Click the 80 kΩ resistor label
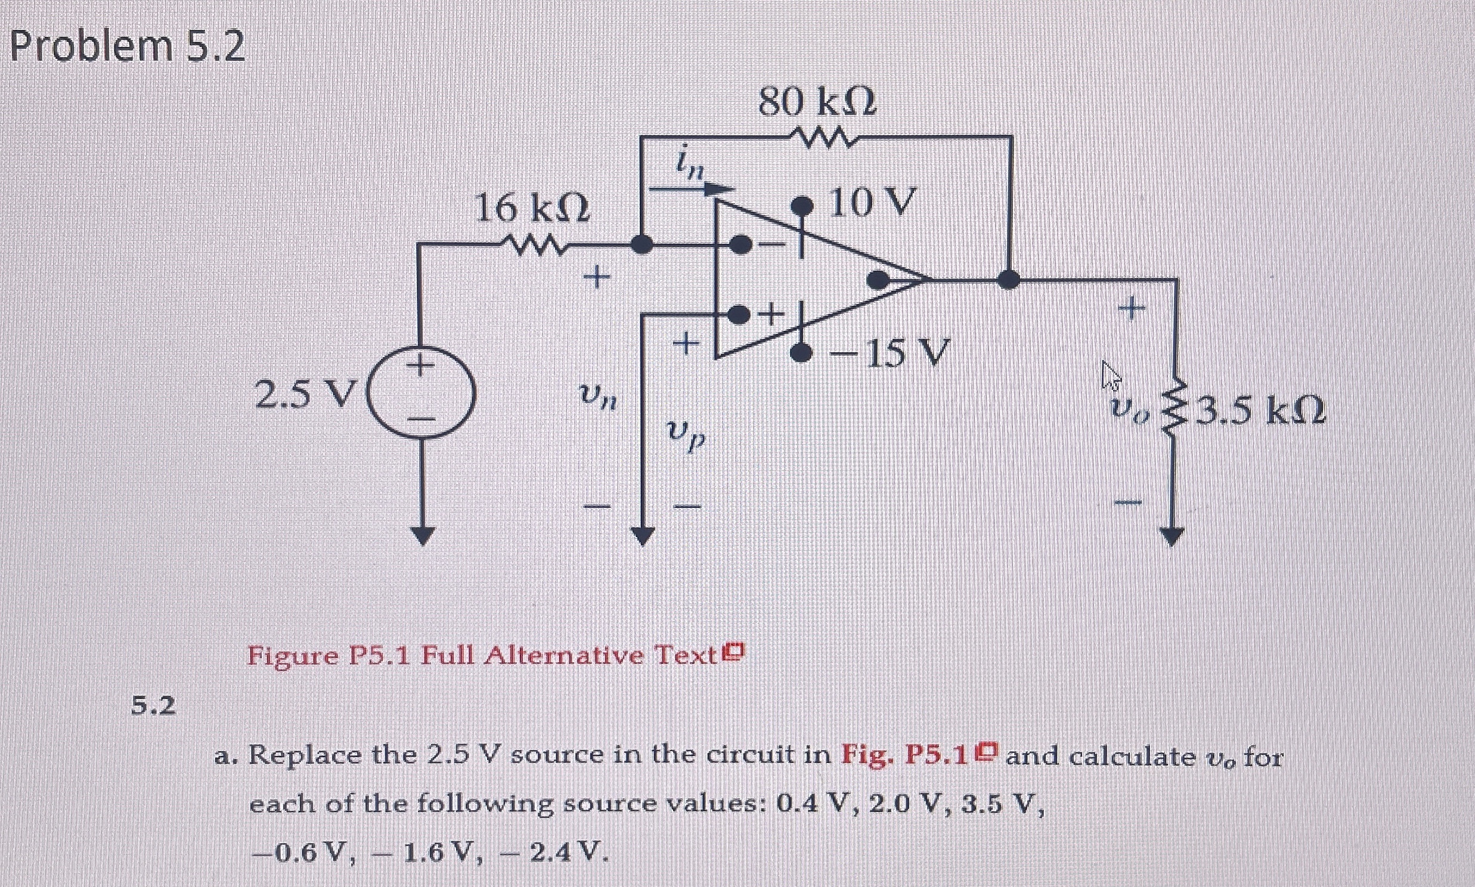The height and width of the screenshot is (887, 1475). click(817, 103)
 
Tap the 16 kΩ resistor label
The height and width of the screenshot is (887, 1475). click(532, 210)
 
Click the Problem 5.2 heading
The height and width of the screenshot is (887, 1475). click(128, 46)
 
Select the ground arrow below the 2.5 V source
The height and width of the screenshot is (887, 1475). click(423, 535)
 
